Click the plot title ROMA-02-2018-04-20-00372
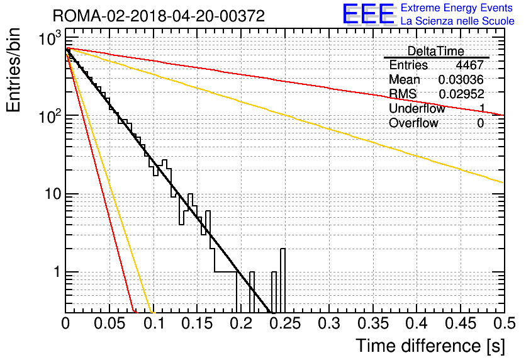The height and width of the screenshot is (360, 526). (159, 16)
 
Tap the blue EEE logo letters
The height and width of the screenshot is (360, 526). (368, 14)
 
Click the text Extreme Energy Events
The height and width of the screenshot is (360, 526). (457, 8)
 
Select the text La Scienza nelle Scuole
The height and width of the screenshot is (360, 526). (457, 21)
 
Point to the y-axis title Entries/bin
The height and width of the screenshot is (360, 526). (13, 70)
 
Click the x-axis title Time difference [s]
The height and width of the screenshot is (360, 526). (430, 346)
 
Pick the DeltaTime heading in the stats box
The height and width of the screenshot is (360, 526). (436, 51)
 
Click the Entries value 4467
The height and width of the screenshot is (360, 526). (469, 65)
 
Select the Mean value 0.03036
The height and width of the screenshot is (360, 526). (461, 79)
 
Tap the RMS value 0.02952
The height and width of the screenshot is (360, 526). (461, 94)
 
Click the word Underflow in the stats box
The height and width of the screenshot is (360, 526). (417, 108)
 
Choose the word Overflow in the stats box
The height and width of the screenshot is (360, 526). (413, 123)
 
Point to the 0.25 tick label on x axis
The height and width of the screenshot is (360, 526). (286, 323)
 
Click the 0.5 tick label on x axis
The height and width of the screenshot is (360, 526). (505, 323)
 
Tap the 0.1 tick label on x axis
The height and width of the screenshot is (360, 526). (154, 323)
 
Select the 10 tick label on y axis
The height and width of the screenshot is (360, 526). (53, 194)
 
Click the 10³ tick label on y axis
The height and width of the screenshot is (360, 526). (50, 38)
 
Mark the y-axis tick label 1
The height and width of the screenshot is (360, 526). (57, 272)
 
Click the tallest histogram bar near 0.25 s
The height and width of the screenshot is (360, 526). (283, 281)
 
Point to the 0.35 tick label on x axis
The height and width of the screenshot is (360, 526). (373, 323)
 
